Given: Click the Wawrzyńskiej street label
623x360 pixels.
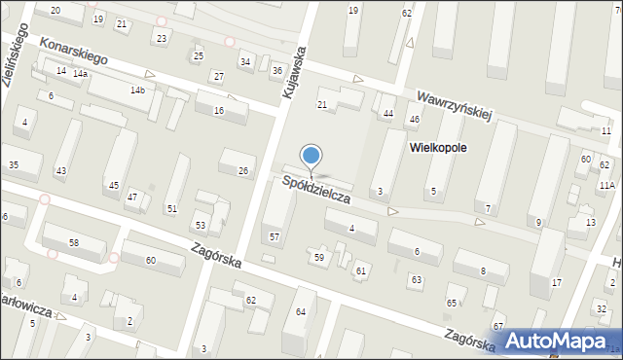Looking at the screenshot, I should tap(456, 104).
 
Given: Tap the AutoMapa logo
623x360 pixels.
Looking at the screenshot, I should tap(559, 342).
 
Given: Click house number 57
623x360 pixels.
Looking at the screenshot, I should tap(275, 237).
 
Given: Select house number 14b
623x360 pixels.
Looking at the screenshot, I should tap(137, 90).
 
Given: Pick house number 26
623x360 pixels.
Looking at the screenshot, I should tap(242, 171).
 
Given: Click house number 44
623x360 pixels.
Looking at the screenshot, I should tap(387, 114).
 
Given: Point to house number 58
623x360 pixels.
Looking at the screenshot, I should tap(73, 241).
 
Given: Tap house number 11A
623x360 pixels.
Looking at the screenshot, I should tap(606, 185).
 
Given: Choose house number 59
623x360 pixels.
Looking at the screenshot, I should tap(318, 257).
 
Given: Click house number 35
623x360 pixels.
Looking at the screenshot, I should tap(13, 165).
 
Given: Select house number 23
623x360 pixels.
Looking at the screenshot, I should tap(162, 38).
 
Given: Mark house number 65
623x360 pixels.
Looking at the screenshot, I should tap(452, 304).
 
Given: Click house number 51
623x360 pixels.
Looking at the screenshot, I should tap(171, 208).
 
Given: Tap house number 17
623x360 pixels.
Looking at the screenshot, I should tap(556, 282).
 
